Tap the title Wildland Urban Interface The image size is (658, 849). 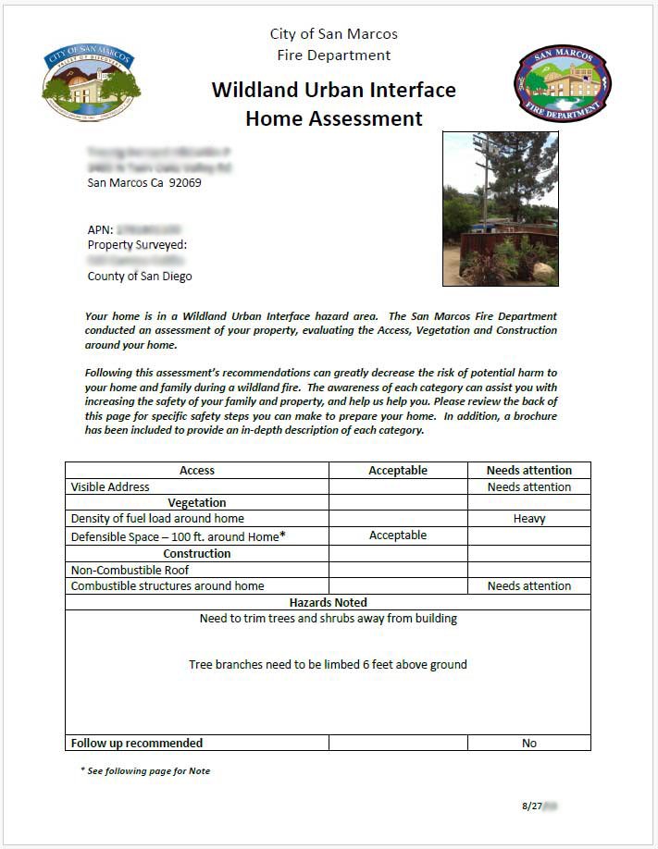click(x=333, y=91)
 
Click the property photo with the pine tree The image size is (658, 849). click(x=500, y=208)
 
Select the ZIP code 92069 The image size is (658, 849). click(x=184, y=183)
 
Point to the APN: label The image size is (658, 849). click(x=100, y=228)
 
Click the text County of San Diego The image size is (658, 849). click(x=140, y=277)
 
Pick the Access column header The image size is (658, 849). click(x=197, y=471)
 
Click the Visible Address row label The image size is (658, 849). click(x=110, y=487)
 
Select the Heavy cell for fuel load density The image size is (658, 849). click(x=528, y=520)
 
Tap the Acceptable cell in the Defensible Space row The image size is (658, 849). click(x=398, y=535)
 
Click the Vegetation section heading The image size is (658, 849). click(x=197, y=503)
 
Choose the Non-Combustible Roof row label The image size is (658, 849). click(x=130, y=571)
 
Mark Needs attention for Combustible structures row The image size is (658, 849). click(x=528, y=586)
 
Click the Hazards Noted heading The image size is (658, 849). click(x=328, y=603)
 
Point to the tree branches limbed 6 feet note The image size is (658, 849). click(x=328, y=665)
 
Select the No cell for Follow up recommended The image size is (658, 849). click(x=528, y=744)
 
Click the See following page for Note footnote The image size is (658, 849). click(x=145, y=771)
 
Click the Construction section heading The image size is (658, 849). click(x=197, y=554)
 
